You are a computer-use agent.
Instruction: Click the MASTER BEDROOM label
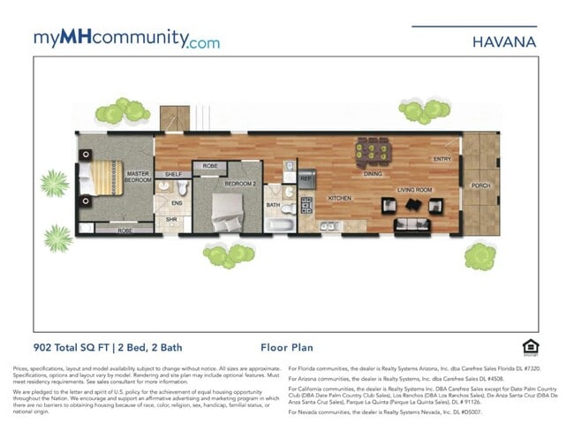coord(137,177)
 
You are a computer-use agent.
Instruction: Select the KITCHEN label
coord(340,199)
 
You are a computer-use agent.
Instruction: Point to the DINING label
coord(373,174)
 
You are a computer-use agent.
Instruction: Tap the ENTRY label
coord(441,159)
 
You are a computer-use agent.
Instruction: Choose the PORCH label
coord(480,185)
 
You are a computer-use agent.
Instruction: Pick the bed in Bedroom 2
coord(226,208)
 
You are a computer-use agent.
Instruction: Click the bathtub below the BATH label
coord(280,224)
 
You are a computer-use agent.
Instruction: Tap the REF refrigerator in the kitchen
coord(306,178)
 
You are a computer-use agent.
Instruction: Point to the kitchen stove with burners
coord(307,206)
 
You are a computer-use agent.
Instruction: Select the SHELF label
coord(173,174)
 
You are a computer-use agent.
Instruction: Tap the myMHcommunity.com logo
coord(126,39)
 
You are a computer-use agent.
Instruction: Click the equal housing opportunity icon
coord(530,346)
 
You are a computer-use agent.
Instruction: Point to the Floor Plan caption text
coord(286,348)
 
